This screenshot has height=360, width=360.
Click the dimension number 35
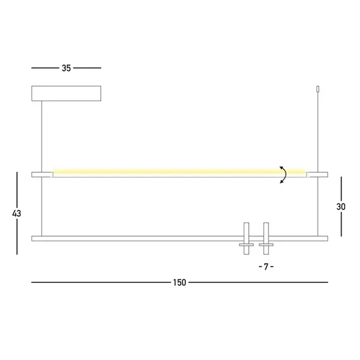click(x=66, y=68)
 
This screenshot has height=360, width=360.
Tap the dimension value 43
click(x=16, y=213)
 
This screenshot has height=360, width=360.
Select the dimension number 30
click(x=341, y=207)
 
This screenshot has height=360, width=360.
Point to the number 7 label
click(x=266, y=267)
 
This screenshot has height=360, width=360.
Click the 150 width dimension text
click(x=179, y=282)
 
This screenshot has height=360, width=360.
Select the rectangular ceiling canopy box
click(x=66, y=93)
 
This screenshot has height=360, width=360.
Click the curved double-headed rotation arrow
click(x=284, y=174)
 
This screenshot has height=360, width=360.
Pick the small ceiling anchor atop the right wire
click(x=317, y=91)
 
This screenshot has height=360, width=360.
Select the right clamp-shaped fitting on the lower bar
click(x=266, y=239)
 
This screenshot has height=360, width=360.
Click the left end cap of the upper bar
click(x=42, y=174)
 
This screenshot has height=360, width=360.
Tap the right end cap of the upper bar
click(x=317, y=174)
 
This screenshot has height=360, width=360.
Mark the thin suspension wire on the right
click(x=317, y=133)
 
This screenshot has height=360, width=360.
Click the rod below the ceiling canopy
click(x=43, y=136)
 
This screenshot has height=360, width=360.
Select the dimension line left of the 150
click(x=98, y=282)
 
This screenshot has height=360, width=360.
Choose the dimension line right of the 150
click(x=259, y=282)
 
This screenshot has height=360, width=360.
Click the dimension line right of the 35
click(x=88, y=68)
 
